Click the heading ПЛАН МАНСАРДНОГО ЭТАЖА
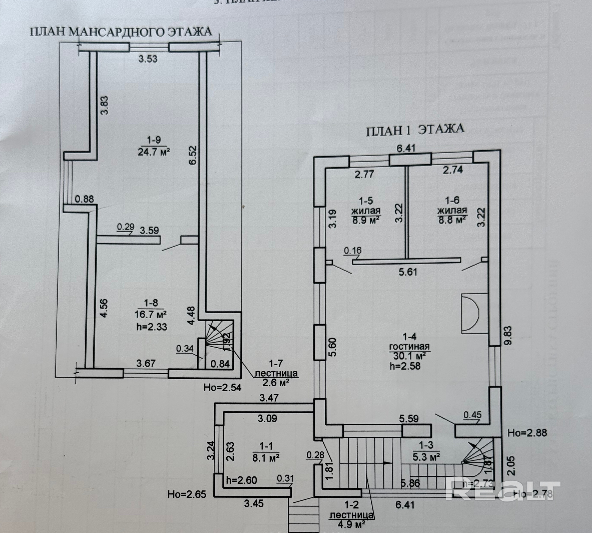tap(121, 32)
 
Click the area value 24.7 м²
tap(154, 152)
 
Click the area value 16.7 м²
tap(151, 314)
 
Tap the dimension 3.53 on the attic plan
tap(148, 59)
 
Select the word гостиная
tap(409, 347)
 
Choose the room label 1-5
tap(366, 201)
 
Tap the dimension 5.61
tap(408, 272)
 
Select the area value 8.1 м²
tap(266, 458)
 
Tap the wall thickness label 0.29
tap(126, 227)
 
